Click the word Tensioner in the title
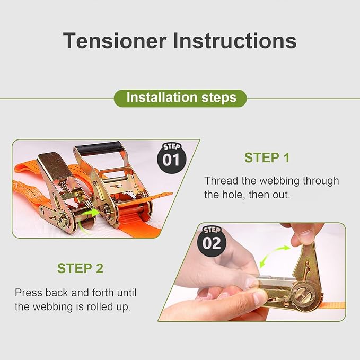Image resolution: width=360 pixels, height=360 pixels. pyautogui.click(x=115, y=41)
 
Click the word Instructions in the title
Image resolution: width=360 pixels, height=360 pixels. pyautogui.click(x=235, y=41)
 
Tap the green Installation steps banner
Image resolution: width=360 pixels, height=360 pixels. pyautogui.click(x=180, y=98)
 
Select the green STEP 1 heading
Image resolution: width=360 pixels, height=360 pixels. pyautogui.click(x=267, y=157)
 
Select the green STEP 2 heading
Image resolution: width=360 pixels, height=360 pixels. pyautogui.click(x=80, y=268)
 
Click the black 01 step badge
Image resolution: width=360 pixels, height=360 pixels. pyautogui.click(x=171, y=158)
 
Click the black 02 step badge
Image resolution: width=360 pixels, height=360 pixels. pyautogui.click(x=212, y=242)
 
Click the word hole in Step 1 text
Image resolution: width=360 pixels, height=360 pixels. pyautogui.click(x=232, y=195)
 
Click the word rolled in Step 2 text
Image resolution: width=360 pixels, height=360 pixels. pyautogui.click(x=100, y=306)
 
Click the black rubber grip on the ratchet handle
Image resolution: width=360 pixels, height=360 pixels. pyautogui.click(x=99, y=148)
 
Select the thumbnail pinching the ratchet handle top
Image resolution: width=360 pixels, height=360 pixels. pyautogui.click(x=305, y=235)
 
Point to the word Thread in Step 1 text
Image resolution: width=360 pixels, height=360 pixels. pyautogui.click(x=221, y=181)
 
